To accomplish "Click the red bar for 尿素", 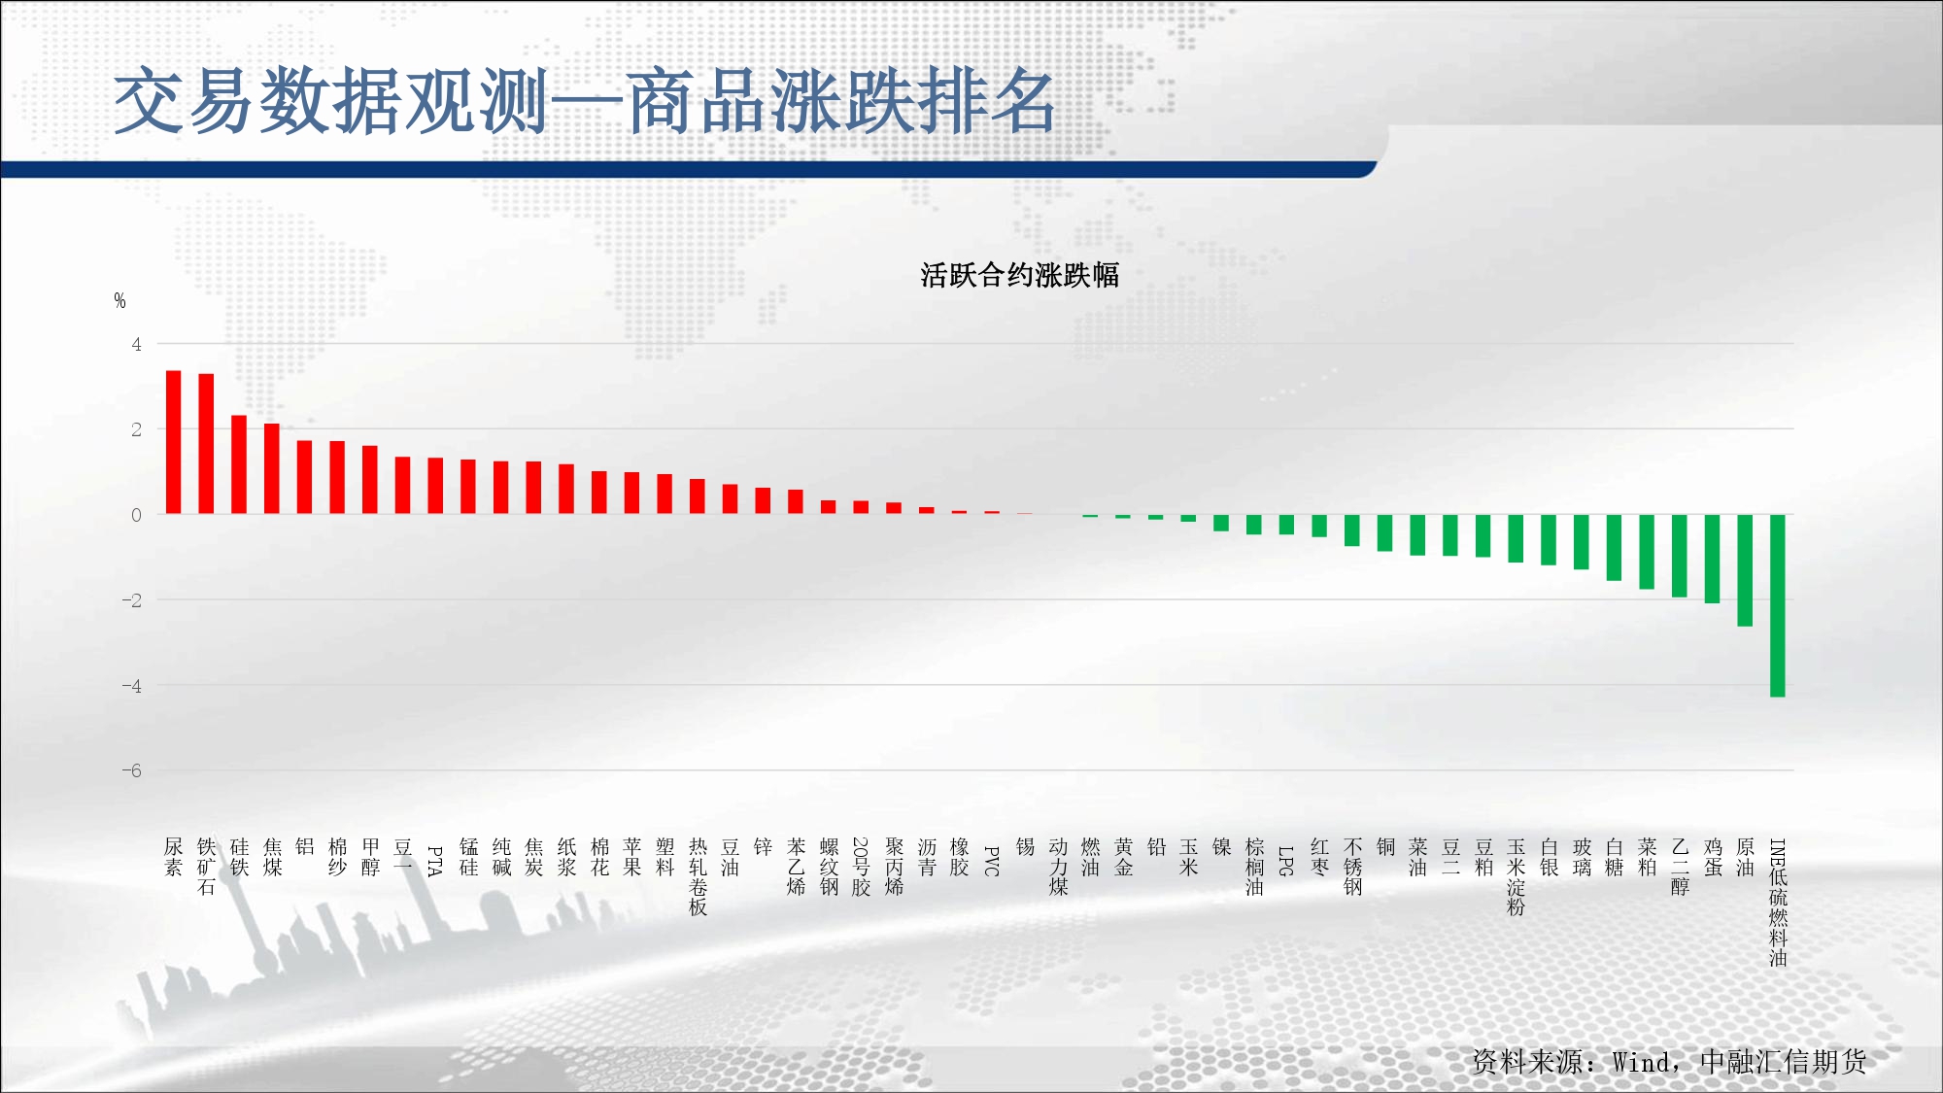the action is (174, 442).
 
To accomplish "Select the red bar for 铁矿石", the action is (206, 444).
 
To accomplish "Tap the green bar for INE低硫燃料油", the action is (1778, 605).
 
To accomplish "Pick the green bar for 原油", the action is (1745, 570).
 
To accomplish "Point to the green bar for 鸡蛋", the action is (1713, 559).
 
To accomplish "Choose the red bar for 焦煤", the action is (272, 468).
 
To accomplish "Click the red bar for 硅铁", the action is (239, 464).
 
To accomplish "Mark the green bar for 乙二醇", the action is (1680, 556).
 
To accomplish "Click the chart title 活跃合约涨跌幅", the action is (1020, 275).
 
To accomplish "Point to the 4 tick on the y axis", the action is (137, 344).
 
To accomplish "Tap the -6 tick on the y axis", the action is (132, 770).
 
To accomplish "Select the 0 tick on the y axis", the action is (137, 515).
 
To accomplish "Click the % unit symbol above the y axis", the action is (119, 300).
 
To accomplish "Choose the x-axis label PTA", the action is (435, 861).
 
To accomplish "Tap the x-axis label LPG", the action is (1286, 861).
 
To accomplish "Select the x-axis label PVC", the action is (992, 861).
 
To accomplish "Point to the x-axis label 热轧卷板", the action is (698, 877).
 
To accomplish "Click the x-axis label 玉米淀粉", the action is (1516, 877).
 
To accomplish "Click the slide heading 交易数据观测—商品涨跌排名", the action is (585, 101).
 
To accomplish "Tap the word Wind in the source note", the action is (1645, 1062).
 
